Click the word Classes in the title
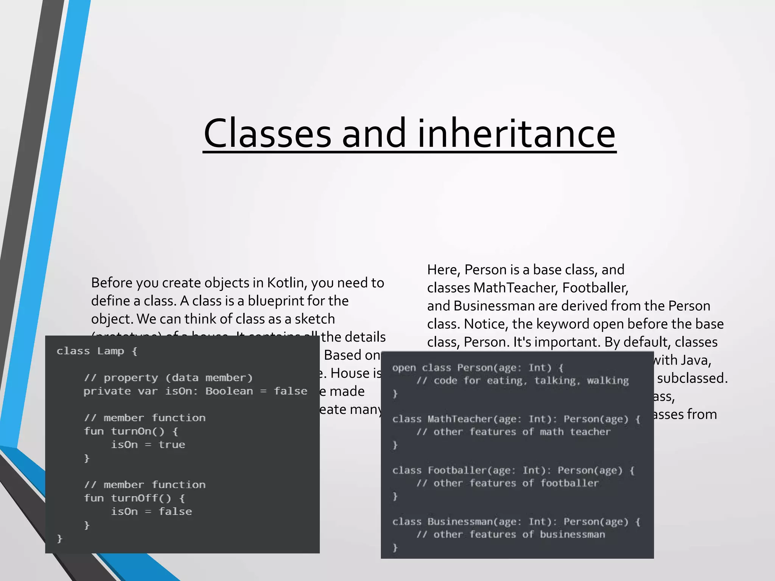click(x=267, y=133)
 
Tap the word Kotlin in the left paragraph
click(x=285, y=283)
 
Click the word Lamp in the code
click(x=110, y=351)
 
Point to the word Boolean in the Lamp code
click(x=229, y=391)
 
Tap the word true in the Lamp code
click(x=171, y=445)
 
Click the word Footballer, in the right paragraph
click(x=595, y=288)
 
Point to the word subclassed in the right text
click(x=692, y=378)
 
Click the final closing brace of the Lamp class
click(x=59, y=538)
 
